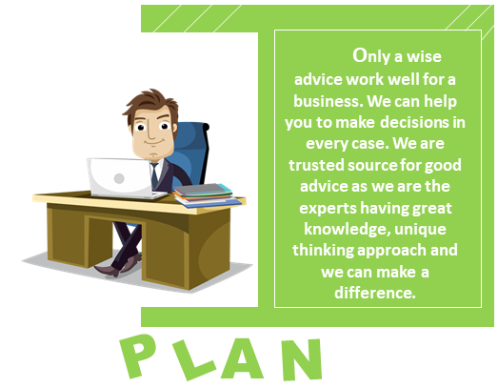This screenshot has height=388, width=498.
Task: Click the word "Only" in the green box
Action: pos(371,56)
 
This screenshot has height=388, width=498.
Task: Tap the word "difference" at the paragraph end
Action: pos(373,293)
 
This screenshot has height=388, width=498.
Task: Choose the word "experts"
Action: pos(328,209)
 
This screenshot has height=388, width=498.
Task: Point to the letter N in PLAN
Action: pos(302,359)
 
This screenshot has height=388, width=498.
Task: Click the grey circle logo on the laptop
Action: pos(119,178)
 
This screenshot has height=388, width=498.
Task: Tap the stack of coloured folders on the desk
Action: pos(206,195)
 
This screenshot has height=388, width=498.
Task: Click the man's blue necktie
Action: pos(154,175)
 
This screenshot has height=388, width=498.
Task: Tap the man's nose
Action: pos(151,133)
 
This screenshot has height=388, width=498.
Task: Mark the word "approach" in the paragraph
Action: pos(392,251)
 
